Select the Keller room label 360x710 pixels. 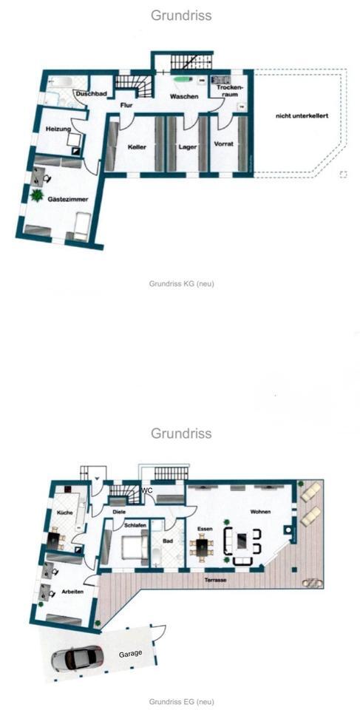pos(136,147)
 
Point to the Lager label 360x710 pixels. pos(187,147)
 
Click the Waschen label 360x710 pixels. pos(183,97)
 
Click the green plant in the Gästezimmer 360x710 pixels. pos(35,196)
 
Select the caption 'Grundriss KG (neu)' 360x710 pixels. pos(181,283)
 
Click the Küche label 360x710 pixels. pos(62,513)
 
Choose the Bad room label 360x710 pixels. pos(169,541)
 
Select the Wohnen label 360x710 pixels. pos(259,513)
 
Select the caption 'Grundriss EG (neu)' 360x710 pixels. pos(181,701)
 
